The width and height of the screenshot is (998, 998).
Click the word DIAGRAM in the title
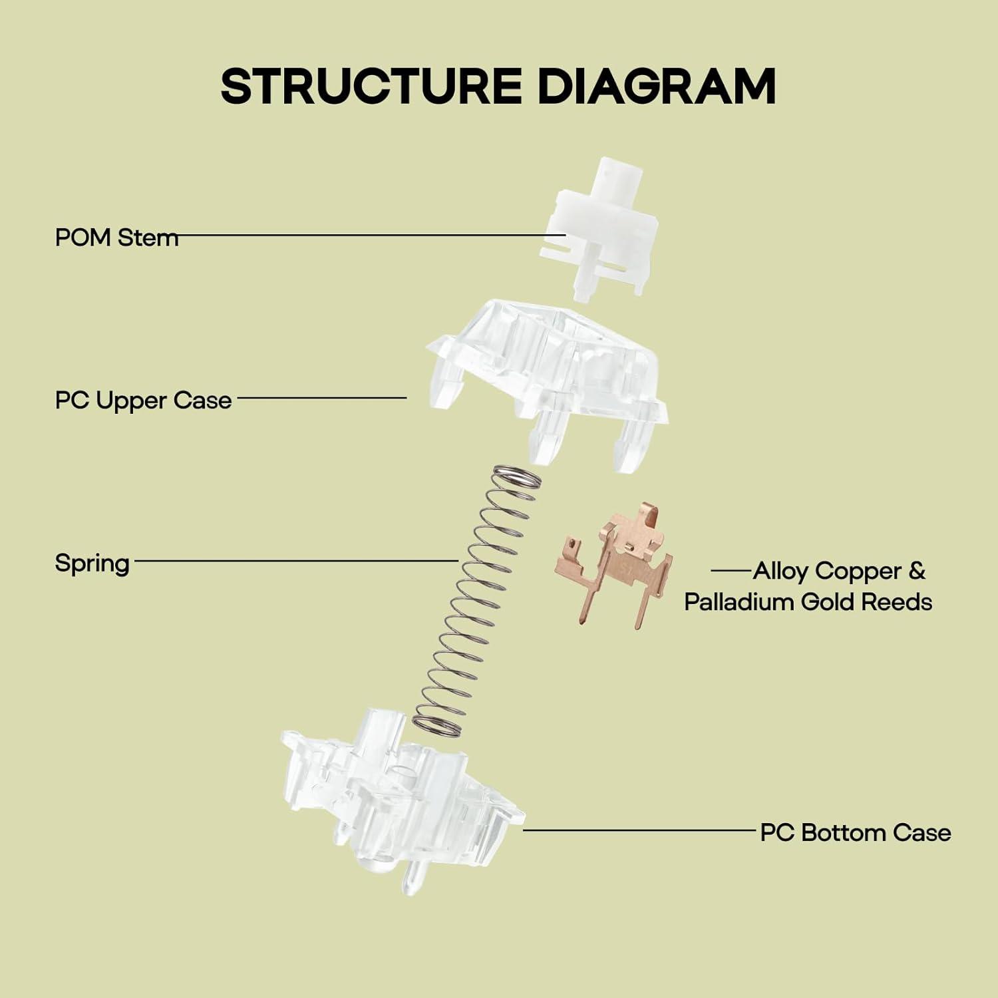click(656, 86)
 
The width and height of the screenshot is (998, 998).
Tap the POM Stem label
click(116, 237)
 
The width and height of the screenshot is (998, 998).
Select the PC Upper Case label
click(143, 400)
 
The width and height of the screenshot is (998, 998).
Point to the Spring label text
click(92, 564)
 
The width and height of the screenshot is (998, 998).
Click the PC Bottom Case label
click(856, 832)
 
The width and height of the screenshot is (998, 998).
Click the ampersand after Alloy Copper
click(916, 570)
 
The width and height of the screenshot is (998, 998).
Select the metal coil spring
click(476, 599)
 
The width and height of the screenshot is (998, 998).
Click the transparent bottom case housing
click(399, 798)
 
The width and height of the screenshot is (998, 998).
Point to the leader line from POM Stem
click(366, 235)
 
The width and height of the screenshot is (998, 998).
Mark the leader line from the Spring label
click(296, 560)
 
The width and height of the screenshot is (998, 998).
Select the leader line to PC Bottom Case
click(639, 830)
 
